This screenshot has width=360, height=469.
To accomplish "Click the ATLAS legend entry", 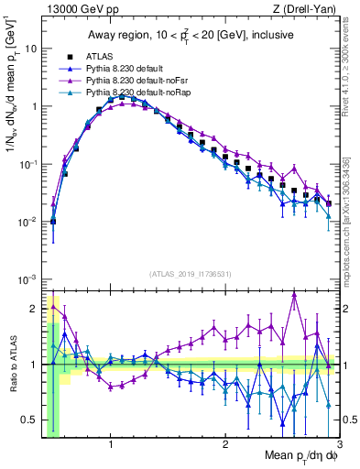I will click(101, 56).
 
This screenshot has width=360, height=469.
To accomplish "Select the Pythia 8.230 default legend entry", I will click(125, 68).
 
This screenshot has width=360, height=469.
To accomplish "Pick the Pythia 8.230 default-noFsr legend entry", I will click(134, 81).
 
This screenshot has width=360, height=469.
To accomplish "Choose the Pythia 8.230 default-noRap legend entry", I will click(135, 93).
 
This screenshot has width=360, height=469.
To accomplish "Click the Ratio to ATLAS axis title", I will click(12, 365).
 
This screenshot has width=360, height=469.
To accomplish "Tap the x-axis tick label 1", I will click(111, 446).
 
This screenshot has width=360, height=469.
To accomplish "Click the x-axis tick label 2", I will click(225, 446).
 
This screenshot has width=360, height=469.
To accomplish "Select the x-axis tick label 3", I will click(339, 446).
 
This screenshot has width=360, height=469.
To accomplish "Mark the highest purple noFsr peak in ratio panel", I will click(294, 294).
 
